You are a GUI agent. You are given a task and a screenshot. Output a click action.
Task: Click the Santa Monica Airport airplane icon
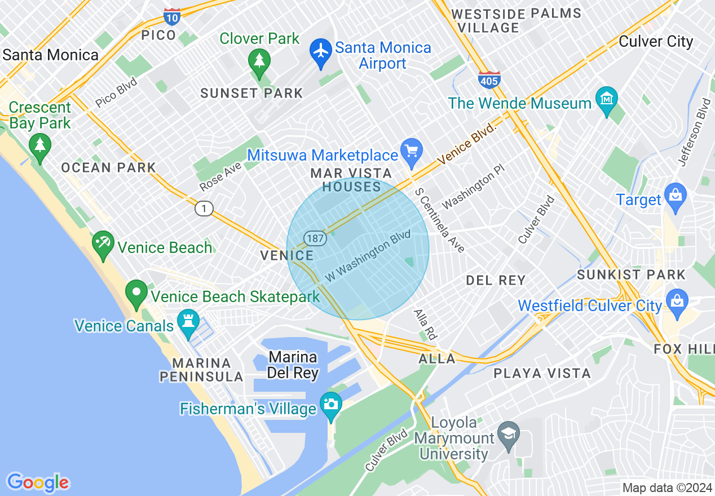tap(321, 51)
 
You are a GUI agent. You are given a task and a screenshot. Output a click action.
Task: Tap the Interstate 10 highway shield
tap(172, 16)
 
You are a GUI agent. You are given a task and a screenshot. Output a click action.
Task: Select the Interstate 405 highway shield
tap(489, 79)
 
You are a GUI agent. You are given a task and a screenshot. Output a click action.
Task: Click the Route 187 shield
tap(316, 238)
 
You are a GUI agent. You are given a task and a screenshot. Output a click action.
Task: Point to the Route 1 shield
tap(204, 209)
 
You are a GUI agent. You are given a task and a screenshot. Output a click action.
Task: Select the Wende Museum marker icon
tap(607, 100)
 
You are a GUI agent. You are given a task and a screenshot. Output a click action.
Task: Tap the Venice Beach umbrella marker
tap(103, 244)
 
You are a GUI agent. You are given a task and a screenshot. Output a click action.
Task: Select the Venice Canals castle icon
tap(187, 322)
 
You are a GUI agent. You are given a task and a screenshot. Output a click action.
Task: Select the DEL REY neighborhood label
tap(496, 280)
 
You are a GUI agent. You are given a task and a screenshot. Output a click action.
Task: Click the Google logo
tap(38, 482)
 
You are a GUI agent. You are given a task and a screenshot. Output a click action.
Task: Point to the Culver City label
tap(656, 42)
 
